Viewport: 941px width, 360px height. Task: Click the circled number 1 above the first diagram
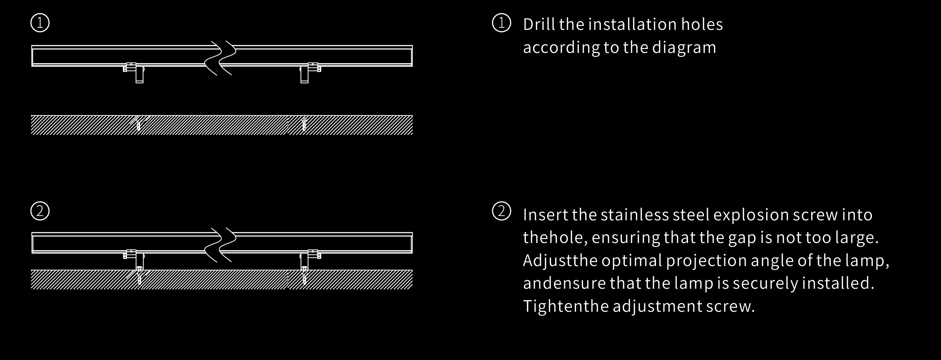tap(40, 23)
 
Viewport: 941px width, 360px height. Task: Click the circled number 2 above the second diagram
tap(40, 211)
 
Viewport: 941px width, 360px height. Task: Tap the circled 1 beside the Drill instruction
tap(502, 23)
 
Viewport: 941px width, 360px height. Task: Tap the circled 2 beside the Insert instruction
tap(502, 211)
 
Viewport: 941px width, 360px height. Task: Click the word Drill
tap(539, 24)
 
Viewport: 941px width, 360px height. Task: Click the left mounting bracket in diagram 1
tap(134, 73)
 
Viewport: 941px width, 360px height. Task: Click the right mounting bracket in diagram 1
tap(310, 73)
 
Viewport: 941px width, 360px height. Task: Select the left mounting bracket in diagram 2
tap(134, 260)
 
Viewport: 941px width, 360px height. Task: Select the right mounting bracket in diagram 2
tap(310, 260)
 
